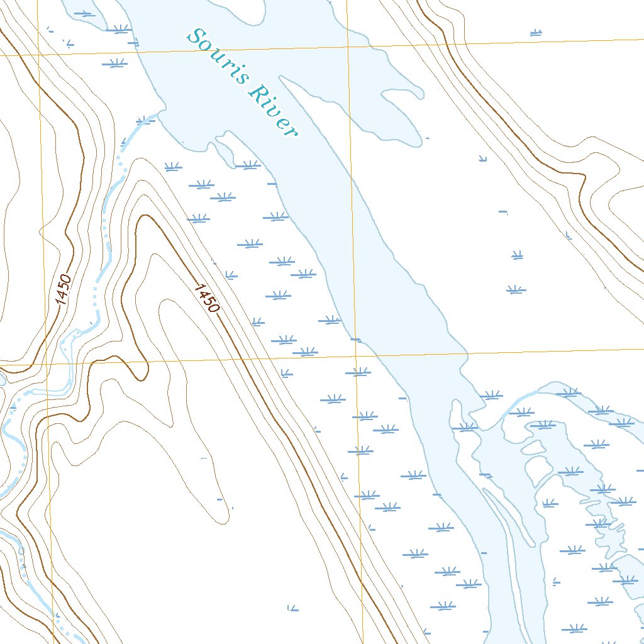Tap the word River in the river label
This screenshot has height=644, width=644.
pyautogui.click(x=272, y=111)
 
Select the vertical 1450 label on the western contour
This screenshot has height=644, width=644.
pyautogui.click(x=64, y=290)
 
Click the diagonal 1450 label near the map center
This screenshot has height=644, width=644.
pyautogui.click(x=207, y=298)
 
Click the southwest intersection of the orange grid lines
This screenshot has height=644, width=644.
pyautogui.click(x=46, y=364)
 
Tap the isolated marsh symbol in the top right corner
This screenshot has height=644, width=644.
pyautogui.click(x=536, y=32)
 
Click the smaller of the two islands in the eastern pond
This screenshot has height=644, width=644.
pyautogui.click(x=533, y=447)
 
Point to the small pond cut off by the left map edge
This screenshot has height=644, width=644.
pyautogui.click(x=2, y=379)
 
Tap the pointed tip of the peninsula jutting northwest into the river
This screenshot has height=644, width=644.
pyautogui.click(x=280, y=77)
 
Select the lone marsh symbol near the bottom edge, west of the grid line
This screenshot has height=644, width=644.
pyautogui.click(x=291, y=608)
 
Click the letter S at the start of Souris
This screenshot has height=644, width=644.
pyautogui.click(x=201, y=37)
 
